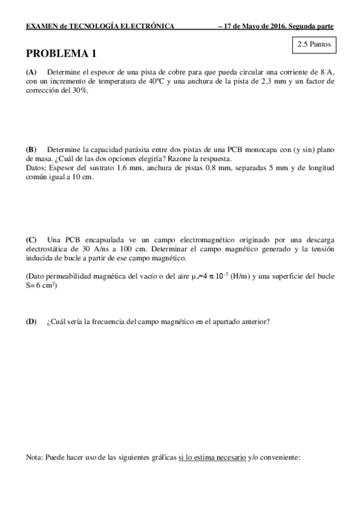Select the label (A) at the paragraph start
click(31, 71)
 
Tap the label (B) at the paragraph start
click(31, 149)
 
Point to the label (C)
click(31, 240)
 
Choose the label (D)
click(31, 322)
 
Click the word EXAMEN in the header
click(40, 26)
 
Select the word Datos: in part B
click(37, 168)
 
